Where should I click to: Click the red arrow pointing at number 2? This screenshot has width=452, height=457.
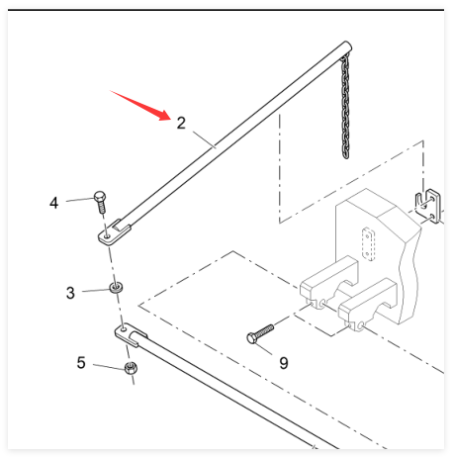pyautogui.click(x=141, y=106)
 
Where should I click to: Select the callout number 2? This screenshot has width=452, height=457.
pyautogui.click(x=181, y=123)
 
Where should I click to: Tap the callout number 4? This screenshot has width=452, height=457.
pyautogui.click(x=53, y=203)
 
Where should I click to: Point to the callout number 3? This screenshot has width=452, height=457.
pyautogui.click(x=70, y=293)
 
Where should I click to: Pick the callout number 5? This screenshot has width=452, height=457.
pyautogui.click(x=81, y=362)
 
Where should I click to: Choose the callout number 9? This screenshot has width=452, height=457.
pyautogui.click(x=284, y=363)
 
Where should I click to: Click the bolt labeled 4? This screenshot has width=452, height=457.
pyautogui.click(x=100, y=202)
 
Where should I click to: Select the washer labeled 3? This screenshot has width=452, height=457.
pyautogui.click(x=116, y=287)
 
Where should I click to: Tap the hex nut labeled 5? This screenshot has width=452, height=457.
pyautogui.click(x=131, y=368)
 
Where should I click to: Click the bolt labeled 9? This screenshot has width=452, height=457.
pyautogui.click(x=260, y=333)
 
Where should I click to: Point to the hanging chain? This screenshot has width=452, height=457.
pyautogui.click(x=345, y=107)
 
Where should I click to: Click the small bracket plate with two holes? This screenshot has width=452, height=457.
pyautogui.click(x=427, y=206)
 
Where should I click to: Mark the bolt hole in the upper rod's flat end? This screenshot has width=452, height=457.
pyautogui.click(x=107, y=236)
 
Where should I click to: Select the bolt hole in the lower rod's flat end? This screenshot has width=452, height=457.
pyautogui.click(x=124, y=328)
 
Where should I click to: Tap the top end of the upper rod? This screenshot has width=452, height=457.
pyautogui.click(x=347, y=46)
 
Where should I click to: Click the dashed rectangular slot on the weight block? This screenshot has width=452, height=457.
pyautogui.click(x=368, y=244)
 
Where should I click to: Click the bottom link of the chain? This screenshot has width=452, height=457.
pyautogui.click(x=345, y=154)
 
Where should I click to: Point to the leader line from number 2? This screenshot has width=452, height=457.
pyautogui.click(x=204, y=139)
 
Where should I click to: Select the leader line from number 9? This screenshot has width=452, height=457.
pyautogui.click(x=263, y=349)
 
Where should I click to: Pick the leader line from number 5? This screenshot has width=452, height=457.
pyautogui.click(x=109, y=367)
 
